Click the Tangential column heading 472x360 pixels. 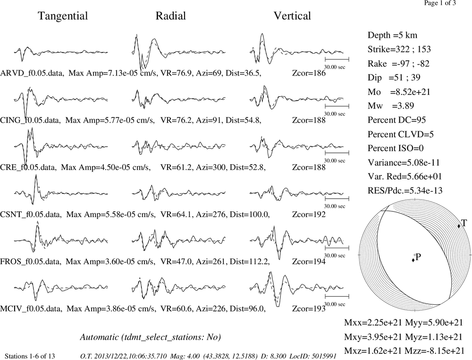[x=63, y=16]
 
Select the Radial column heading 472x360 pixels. [x=171, y=16]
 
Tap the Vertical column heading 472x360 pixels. [x=292, y=16]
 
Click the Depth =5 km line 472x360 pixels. [x=392, y=35]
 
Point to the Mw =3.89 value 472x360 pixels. [x=391, y=106]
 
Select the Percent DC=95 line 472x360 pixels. [x=397, y=120]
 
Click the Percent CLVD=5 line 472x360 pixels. [x=401, y=134]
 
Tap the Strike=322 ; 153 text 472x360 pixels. [x=399, y=49]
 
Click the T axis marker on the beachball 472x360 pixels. [x=459, y=226]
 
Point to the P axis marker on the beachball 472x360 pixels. [x=413, y=260]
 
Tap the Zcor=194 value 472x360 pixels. [x=309, y=261]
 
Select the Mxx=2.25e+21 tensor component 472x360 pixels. [x=373, y=322]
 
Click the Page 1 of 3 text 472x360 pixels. [x=440, y=3]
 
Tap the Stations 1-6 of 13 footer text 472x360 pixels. [x=30, y=356]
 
